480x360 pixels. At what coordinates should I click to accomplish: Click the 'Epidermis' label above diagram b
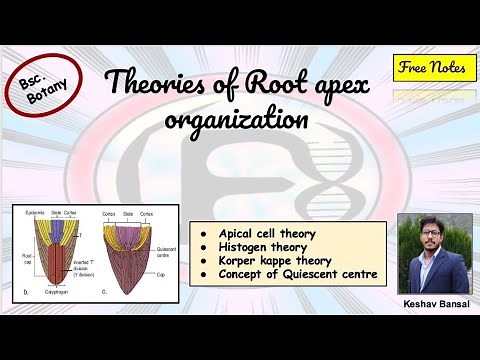click(25, 214)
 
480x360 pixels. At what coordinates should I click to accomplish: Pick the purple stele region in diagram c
click(134, 236)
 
